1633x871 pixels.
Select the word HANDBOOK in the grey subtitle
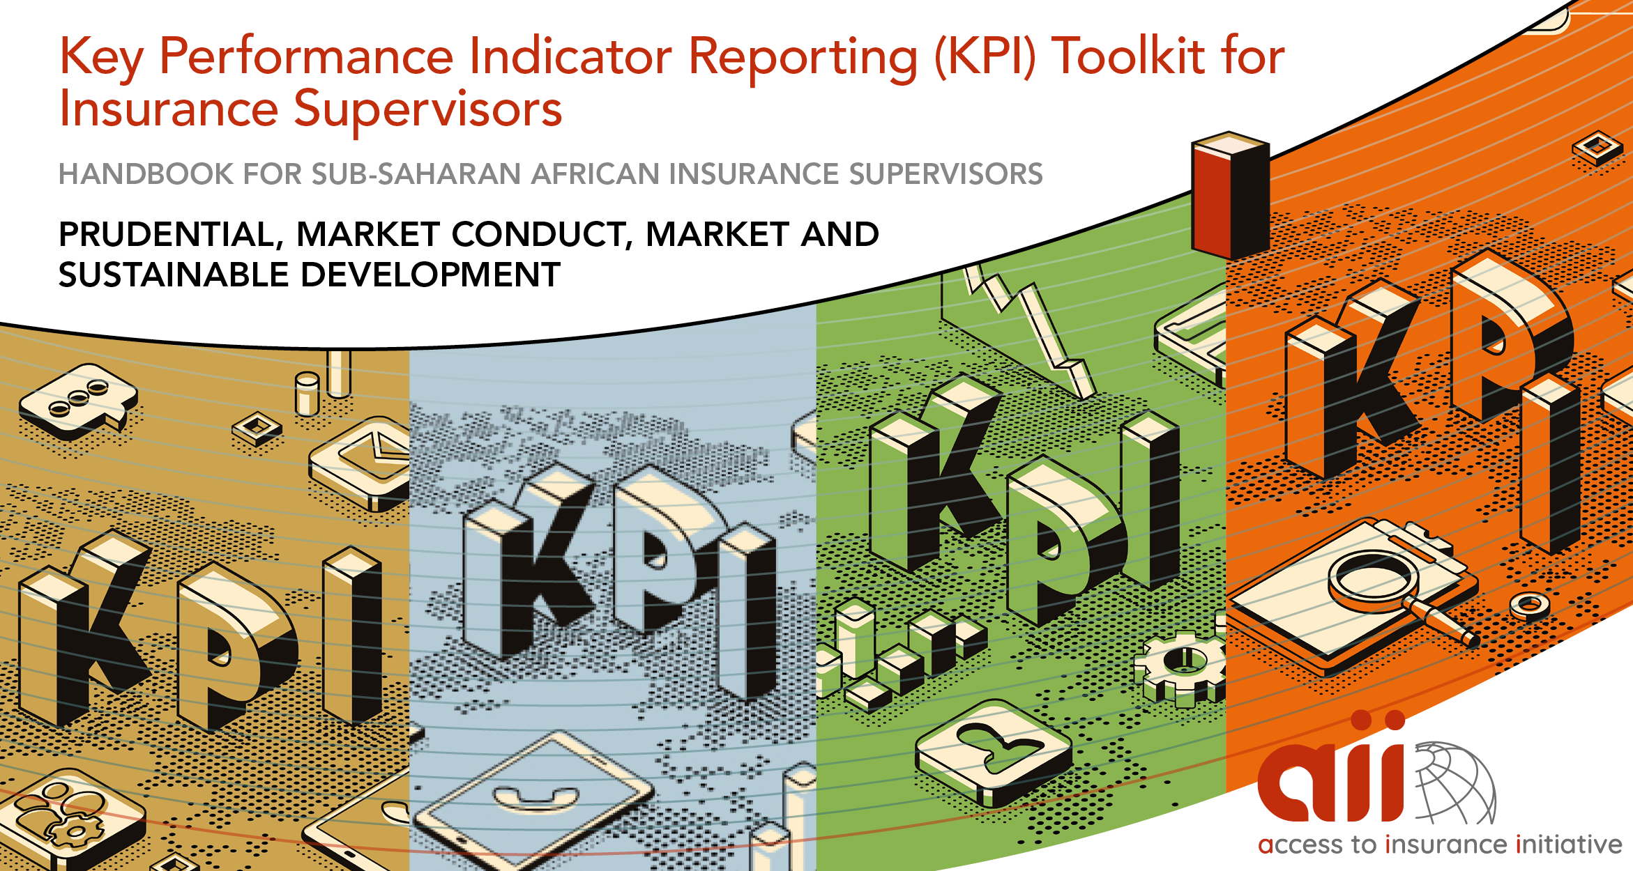144,174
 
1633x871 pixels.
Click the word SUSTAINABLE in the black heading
174,275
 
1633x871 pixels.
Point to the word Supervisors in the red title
427,110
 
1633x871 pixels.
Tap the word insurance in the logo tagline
1447,845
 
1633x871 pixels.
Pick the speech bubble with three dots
79,401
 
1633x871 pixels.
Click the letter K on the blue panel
530,561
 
